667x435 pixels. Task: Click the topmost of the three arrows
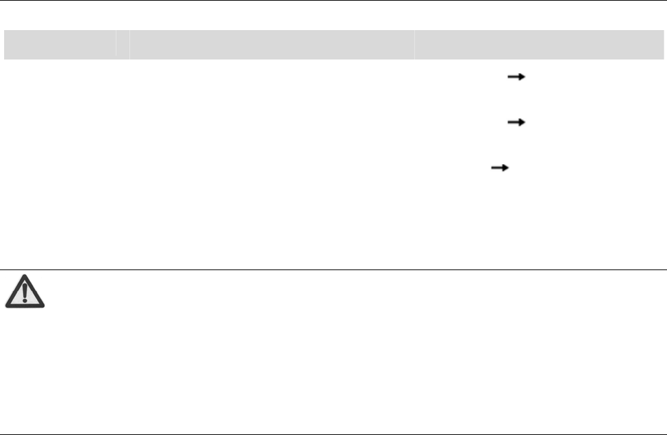pos(515,79)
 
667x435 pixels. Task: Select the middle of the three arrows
pos(515,122)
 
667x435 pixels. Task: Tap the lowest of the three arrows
pos(501,166)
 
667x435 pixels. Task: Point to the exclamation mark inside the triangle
pos(25,293)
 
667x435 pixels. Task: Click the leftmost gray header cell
pos(60,44)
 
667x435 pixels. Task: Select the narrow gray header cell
pos(123,44)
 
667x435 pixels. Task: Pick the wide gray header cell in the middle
pos(271,44)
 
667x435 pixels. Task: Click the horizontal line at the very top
pos(333,1)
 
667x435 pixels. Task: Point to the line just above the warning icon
pos(333,269)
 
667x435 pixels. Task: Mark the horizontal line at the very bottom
pos(333,434)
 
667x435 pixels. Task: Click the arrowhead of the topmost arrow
pos(521,79)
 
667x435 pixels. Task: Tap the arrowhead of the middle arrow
pos(521,122)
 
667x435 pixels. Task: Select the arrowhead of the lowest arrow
pos(507,166)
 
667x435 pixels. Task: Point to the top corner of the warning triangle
pos(25,276)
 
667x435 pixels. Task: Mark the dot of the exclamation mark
pos(25,300)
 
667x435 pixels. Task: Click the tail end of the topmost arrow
pos(507,79)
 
